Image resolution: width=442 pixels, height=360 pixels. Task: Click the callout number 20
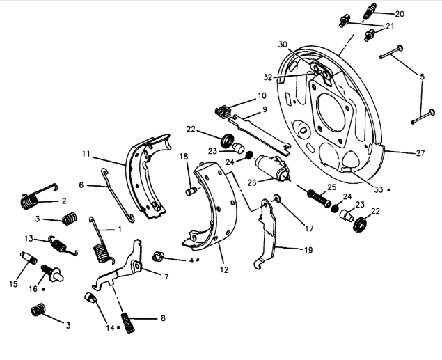click(x=418, y=13)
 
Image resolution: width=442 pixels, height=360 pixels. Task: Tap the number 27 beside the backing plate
click(x=420, y=154)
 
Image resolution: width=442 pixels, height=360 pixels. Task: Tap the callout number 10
click(x=262, y=95)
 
